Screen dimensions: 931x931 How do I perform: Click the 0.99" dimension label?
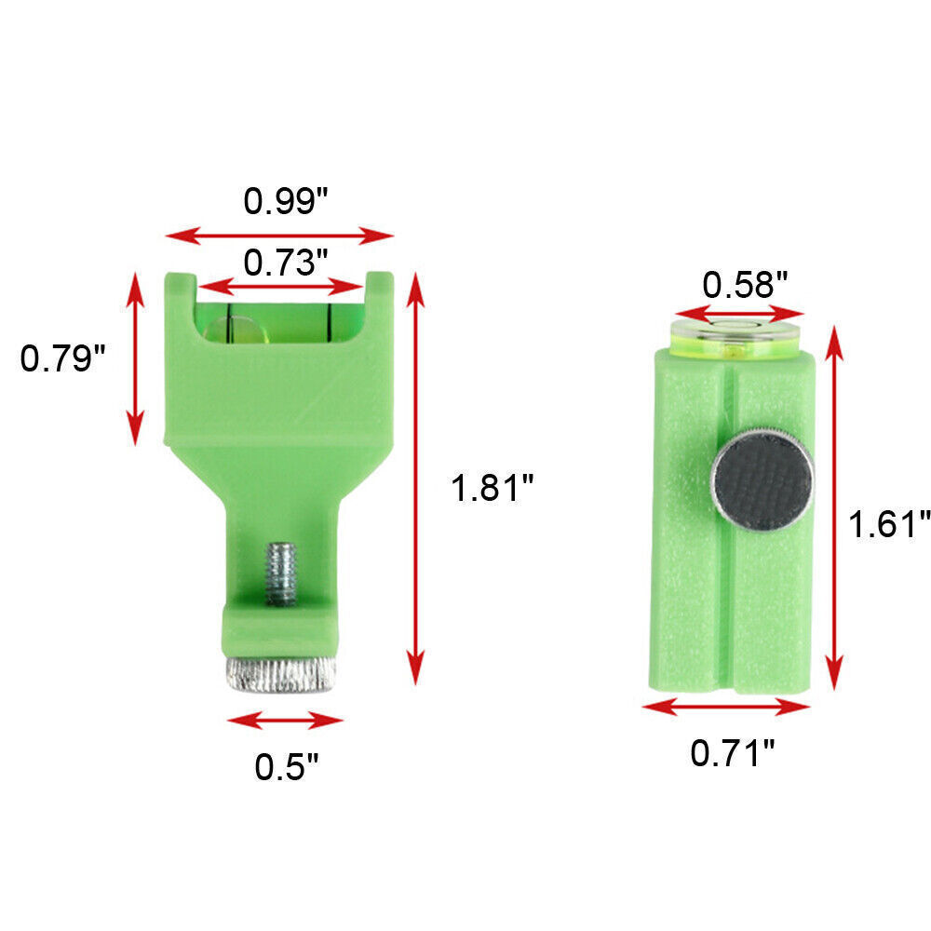coord(286,201)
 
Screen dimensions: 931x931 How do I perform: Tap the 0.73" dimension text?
coord(286,263)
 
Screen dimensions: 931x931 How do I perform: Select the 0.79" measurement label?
coord(63,358)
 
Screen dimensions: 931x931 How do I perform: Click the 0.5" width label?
coord(287,765)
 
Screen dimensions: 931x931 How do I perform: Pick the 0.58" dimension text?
coord(745,283)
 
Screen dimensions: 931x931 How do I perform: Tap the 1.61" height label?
coord(888,524)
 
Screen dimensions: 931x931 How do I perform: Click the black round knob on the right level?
coord(762,479)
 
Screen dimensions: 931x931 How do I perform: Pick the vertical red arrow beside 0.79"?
coord(137,358)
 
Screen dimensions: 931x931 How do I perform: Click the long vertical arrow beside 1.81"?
coord(416,479)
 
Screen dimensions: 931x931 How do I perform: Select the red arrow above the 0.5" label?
coord(285,720)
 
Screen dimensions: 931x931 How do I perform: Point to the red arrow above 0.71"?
coord(726,708)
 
